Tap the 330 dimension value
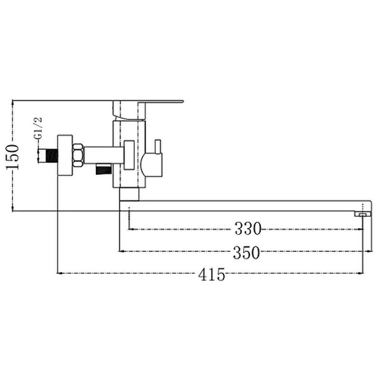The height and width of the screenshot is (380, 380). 248,228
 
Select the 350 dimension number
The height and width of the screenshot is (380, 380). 246,253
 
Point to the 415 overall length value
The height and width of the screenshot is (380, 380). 211,275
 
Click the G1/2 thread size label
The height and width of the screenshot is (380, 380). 38,128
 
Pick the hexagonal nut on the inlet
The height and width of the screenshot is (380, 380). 78,155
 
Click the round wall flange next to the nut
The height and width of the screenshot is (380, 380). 65,155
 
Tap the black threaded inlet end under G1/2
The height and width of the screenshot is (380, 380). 51,156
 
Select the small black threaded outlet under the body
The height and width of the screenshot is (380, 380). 104,169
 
